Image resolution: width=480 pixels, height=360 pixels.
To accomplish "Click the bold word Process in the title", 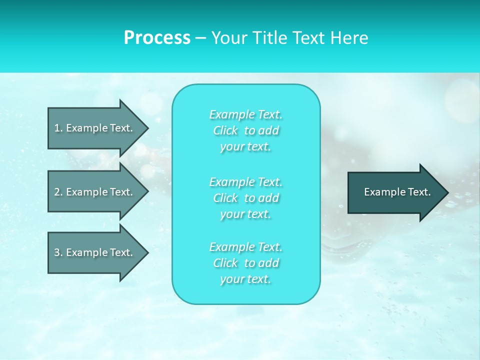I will click(x=157, y=38).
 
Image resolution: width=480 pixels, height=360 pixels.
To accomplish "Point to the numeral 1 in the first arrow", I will click(x=57, y=128).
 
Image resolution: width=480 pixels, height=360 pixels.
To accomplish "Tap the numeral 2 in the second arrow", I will click(x=57, y=192).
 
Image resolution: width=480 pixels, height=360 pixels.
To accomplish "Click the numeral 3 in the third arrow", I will click(x=57, y=252).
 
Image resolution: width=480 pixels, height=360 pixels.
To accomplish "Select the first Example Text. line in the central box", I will click(x=245, y=114).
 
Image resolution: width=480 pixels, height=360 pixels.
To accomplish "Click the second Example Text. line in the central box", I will click(x=245, y=181).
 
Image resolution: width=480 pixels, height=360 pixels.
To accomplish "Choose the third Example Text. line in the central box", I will click(x=245, y=247).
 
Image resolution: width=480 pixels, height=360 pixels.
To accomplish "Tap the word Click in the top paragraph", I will click(x=225, y=130).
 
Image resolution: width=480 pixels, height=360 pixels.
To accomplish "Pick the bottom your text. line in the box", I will click(x=245, y=279).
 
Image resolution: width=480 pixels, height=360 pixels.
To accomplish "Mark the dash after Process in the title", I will click(x=200, y=38).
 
